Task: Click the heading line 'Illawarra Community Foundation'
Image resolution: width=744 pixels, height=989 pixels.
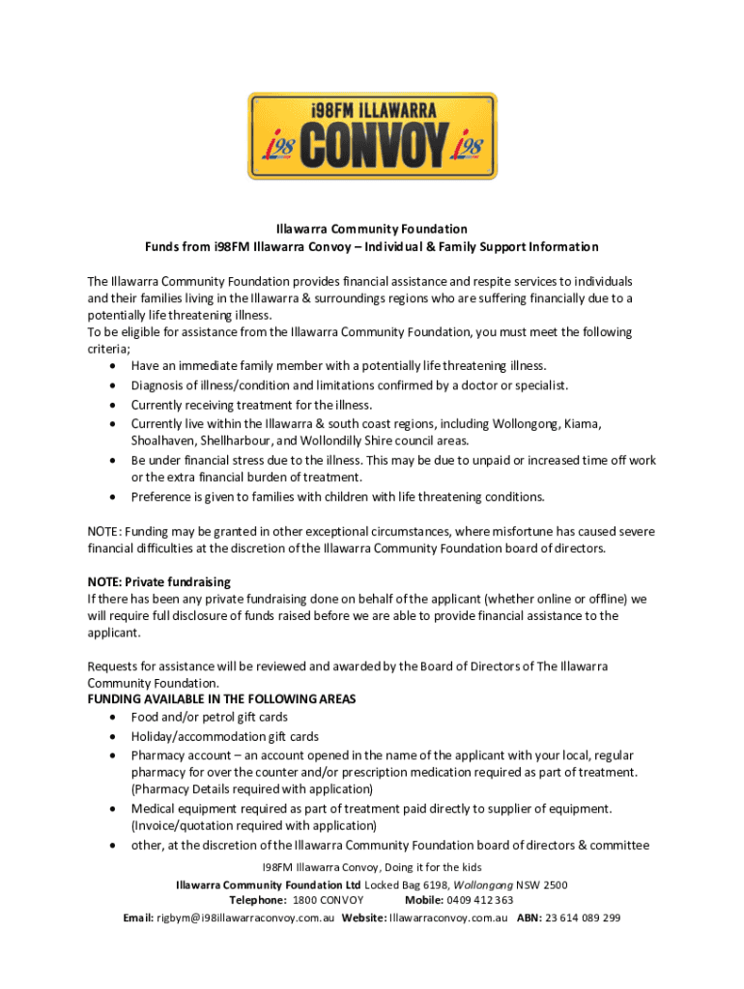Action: (x=372, y=229)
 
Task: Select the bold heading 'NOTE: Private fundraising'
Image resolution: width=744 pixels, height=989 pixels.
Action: (x=159, y=582)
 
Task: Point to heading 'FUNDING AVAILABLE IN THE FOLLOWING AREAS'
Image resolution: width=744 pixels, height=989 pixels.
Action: (x=222, y=699)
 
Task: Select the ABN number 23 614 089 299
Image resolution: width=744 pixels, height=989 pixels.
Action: (x=583, y=918)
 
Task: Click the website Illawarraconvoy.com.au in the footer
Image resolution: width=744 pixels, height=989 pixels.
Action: (x=447, y=918)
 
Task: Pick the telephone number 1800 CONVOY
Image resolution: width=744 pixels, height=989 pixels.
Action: (x=329, y=901)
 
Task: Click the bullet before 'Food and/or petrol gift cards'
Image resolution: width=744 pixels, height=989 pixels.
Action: (x=115, y=718)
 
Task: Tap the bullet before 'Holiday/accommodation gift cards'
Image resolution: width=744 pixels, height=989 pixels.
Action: (x=115, y=737)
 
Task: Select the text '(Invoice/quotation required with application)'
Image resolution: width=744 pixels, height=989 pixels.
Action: (x=254, y=826)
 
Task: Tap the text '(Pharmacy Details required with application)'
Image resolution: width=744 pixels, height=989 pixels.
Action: (x=252, y=789)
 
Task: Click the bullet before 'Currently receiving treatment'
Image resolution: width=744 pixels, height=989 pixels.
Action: (x=115, y=405)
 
